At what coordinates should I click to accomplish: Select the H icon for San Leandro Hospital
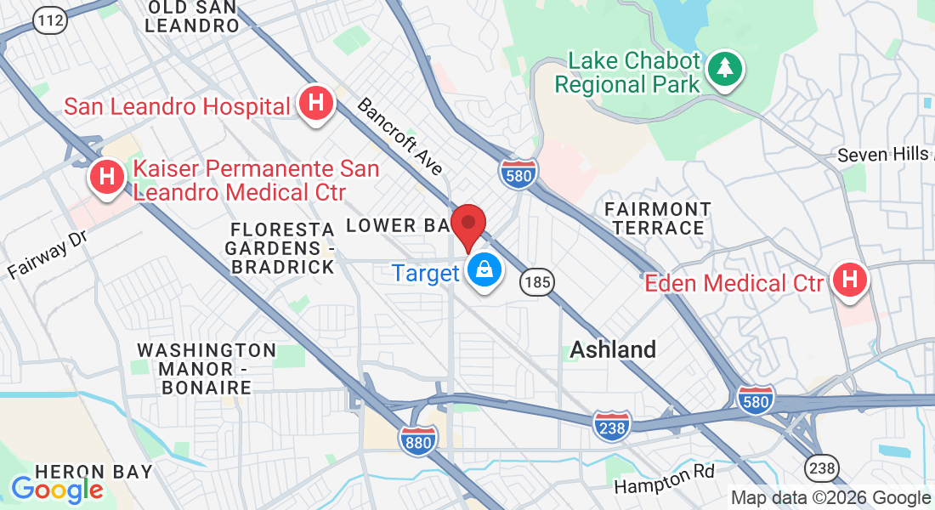click(315, 105)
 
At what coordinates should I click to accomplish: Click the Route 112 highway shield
click(51, 20)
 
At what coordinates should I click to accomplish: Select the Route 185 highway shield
click(538, 282)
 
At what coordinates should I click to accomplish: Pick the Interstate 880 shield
click(418, 439)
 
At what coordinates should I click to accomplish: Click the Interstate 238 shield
click(612, 425)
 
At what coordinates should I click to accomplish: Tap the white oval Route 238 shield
click(822, 467)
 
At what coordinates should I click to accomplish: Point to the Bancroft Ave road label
click(400, 136)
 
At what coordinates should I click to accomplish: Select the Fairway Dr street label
click(48, 254)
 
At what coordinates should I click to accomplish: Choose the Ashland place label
click(613, 349)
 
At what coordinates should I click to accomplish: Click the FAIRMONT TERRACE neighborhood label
click(658, 218)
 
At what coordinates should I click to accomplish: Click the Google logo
click(57, 490)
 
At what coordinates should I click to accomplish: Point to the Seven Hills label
click(884, 155)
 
